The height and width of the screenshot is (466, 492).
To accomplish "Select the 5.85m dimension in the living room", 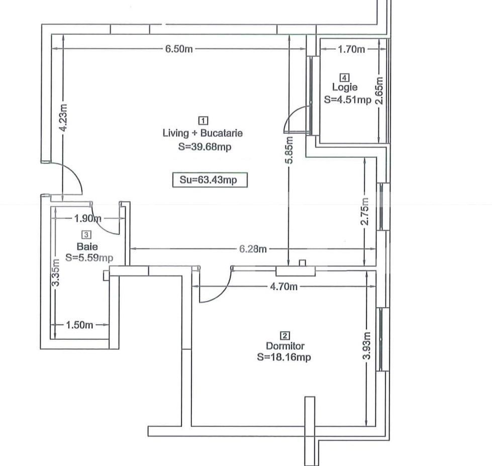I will [288, 150].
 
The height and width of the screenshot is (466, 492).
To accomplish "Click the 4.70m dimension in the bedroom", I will [283, 287].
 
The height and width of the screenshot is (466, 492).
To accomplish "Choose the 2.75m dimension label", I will [365, 213].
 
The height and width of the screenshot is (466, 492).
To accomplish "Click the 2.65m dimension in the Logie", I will [380, 90].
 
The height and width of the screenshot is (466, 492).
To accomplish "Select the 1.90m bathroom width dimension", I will [87, 219].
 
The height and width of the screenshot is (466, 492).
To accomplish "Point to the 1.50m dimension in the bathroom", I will [79, 325].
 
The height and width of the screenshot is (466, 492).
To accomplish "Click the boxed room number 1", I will [203, 121].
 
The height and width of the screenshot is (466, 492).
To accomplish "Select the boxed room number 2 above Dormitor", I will [285, 336].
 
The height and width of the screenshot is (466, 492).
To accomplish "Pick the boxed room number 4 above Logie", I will [344, 77].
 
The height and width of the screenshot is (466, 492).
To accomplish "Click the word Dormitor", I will [285, 346].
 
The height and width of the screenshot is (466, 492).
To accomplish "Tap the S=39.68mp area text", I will [205, 147].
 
